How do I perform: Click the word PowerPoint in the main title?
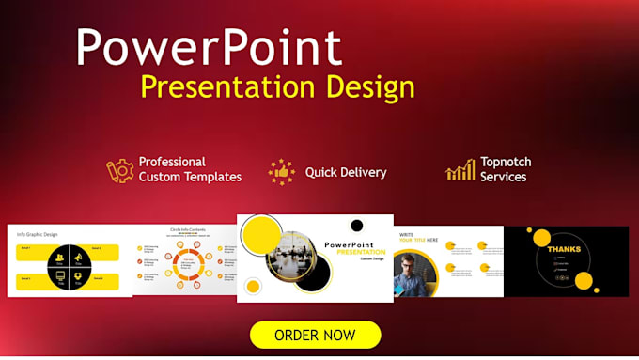pos(209,48)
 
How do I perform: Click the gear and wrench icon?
pos(119,170)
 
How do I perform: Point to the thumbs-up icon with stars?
pos(281,172)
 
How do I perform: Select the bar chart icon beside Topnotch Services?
pos(460,170)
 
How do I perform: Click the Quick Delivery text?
pos(345,172)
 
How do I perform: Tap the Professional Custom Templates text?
pos(190,169)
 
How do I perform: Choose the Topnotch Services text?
pos(503,169)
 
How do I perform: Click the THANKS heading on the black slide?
pos(564,249)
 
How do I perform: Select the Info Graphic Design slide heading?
pos(39,234)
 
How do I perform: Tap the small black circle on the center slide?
pos(357,226)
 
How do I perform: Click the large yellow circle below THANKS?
pos(584,280)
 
